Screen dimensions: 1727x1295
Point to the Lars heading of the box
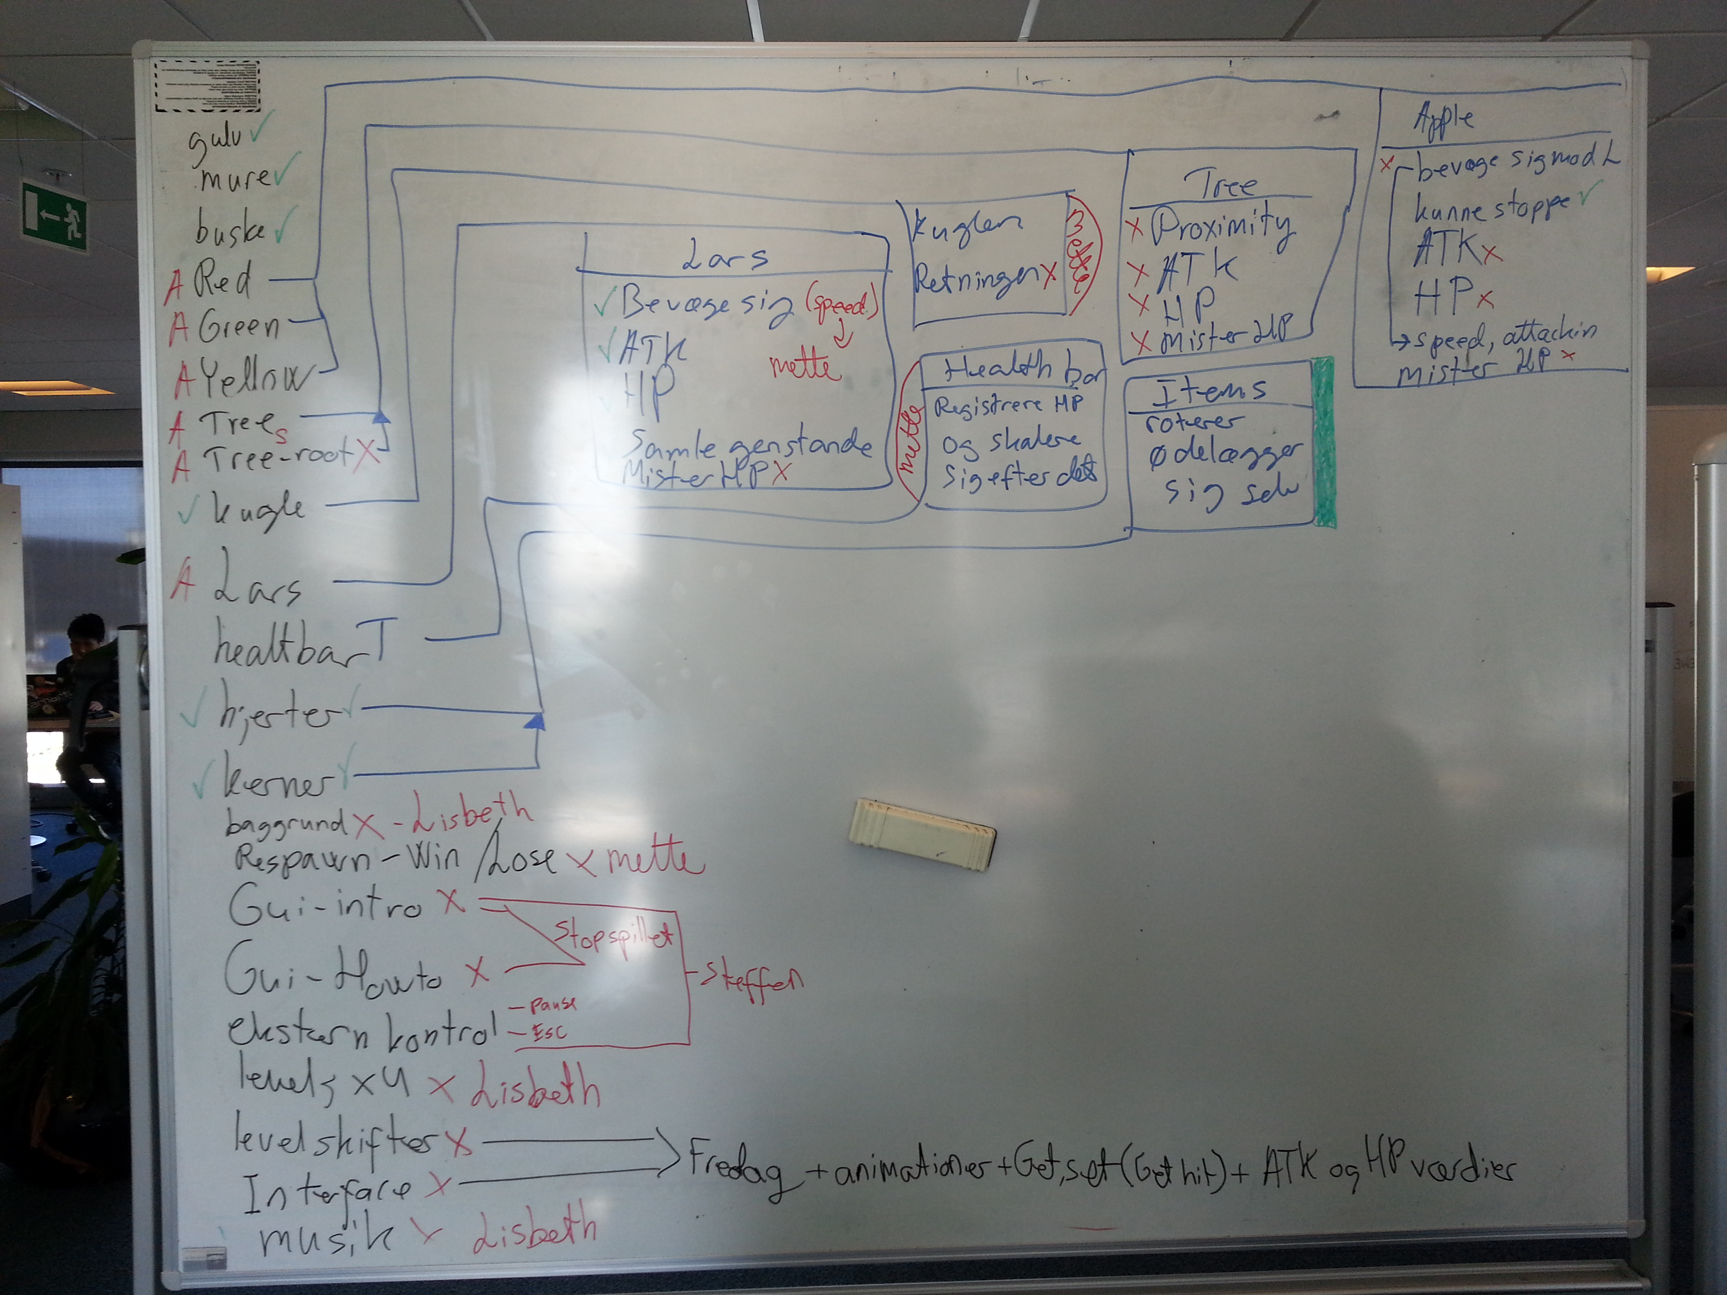click(x=725, y=256)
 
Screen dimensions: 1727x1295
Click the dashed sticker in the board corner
click(x=207, y=86)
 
